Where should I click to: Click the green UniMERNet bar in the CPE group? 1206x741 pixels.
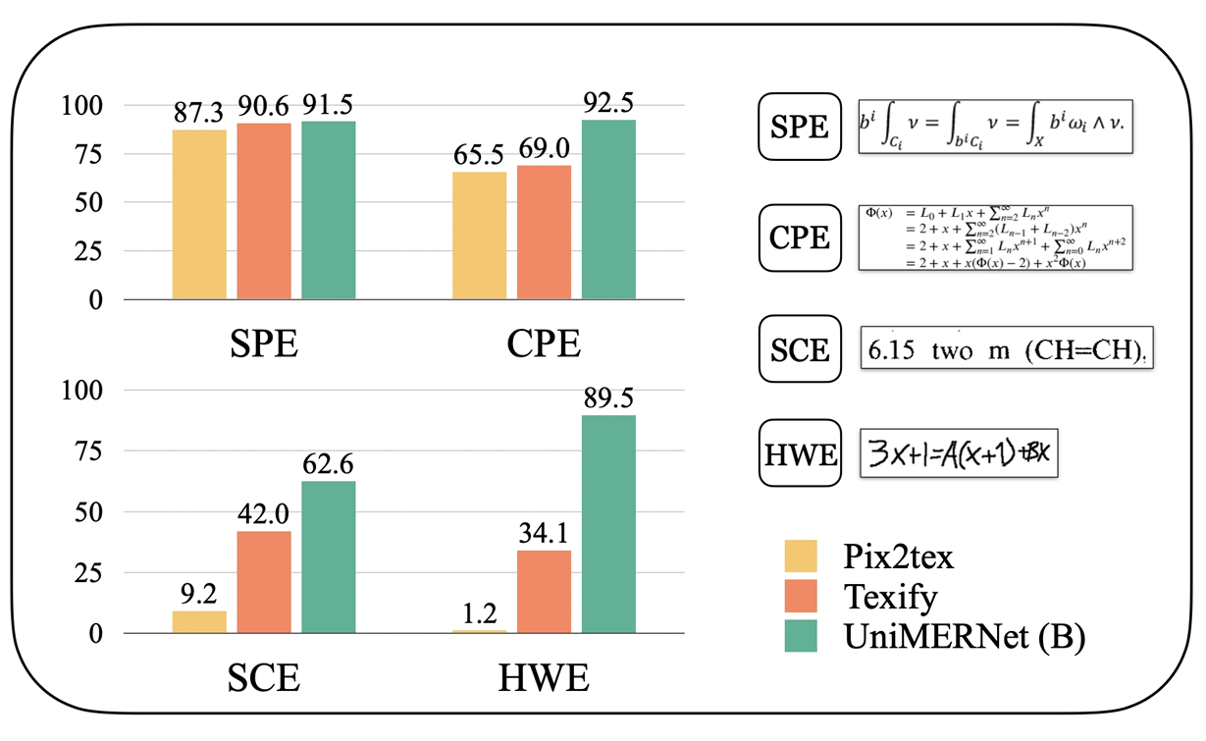(608, 209)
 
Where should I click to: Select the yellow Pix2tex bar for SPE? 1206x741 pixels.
(199, 214)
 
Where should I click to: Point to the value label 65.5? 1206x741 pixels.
(479, 156)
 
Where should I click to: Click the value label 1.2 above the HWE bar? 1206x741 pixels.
(479, 614)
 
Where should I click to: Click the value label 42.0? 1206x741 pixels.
(264, 514)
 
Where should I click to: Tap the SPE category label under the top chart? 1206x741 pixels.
(264, 346)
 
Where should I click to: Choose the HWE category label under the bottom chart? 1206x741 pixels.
(546, 679)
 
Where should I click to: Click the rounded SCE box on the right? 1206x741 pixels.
(800, 348)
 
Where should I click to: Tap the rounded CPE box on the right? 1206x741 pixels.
(800, 237)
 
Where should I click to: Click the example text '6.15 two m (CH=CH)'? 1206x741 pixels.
(1005, 349)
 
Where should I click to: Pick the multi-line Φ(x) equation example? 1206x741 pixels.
(995, 238)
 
